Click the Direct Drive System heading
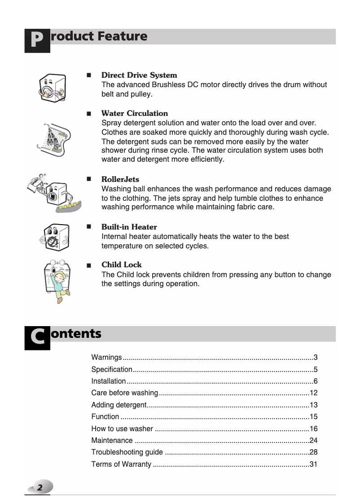point(139,75)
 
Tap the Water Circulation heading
point(135,113)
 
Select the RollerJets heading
point(120,179)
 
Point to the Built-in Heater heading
point(129,227)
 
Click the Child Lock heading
point(122,265)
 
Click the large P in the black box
point(37,41)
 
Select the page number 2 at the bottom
point(40,487)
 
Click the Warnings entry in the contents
point(106,358)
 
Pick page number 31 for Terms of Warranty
point(313,464)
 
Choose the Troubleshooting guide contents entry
point(127,452)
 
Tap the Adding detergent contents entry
point(119,405)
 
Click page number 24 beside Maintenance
point(313,440)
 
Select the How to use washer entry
point(122,429)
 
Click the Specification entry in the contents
point(112,370)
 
